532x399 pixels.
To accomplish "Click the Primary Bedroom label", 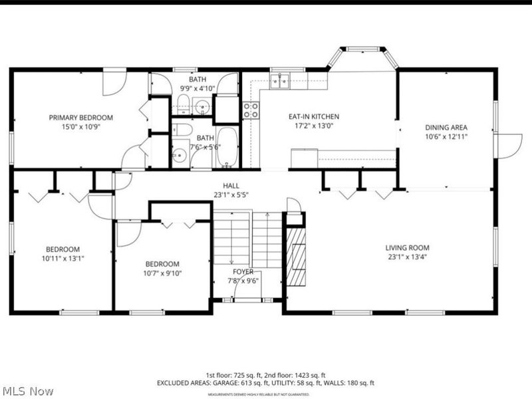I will click(x=80, y=118).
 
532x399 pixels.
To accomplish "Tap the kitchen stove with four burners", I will click(x=251, y=110).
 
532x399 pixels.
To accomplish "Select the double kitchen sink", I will click(x=280, y=81).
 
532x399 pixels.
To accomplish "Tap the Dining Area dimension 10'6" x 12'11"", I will click(x=446, y=136).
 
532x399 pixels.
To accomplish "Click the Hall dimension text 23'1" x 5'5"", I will click(x=231, y=196).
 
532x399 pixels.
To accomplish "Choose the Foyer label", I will click(x=243, y=271).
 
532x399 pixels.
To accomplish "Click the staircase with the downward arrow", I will click(x=231, y=239).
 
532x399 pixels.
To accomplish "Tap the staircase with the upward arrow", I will click(x=267, y=239).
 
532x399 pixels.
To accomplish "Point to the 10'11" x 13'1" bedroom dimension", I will click(x=63, y=259).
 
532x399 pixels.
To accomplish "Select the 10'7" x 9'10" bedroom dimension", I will click(x=162, y=273).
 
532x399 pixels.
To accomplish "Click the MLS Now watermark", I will click(x=28, y=392).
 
